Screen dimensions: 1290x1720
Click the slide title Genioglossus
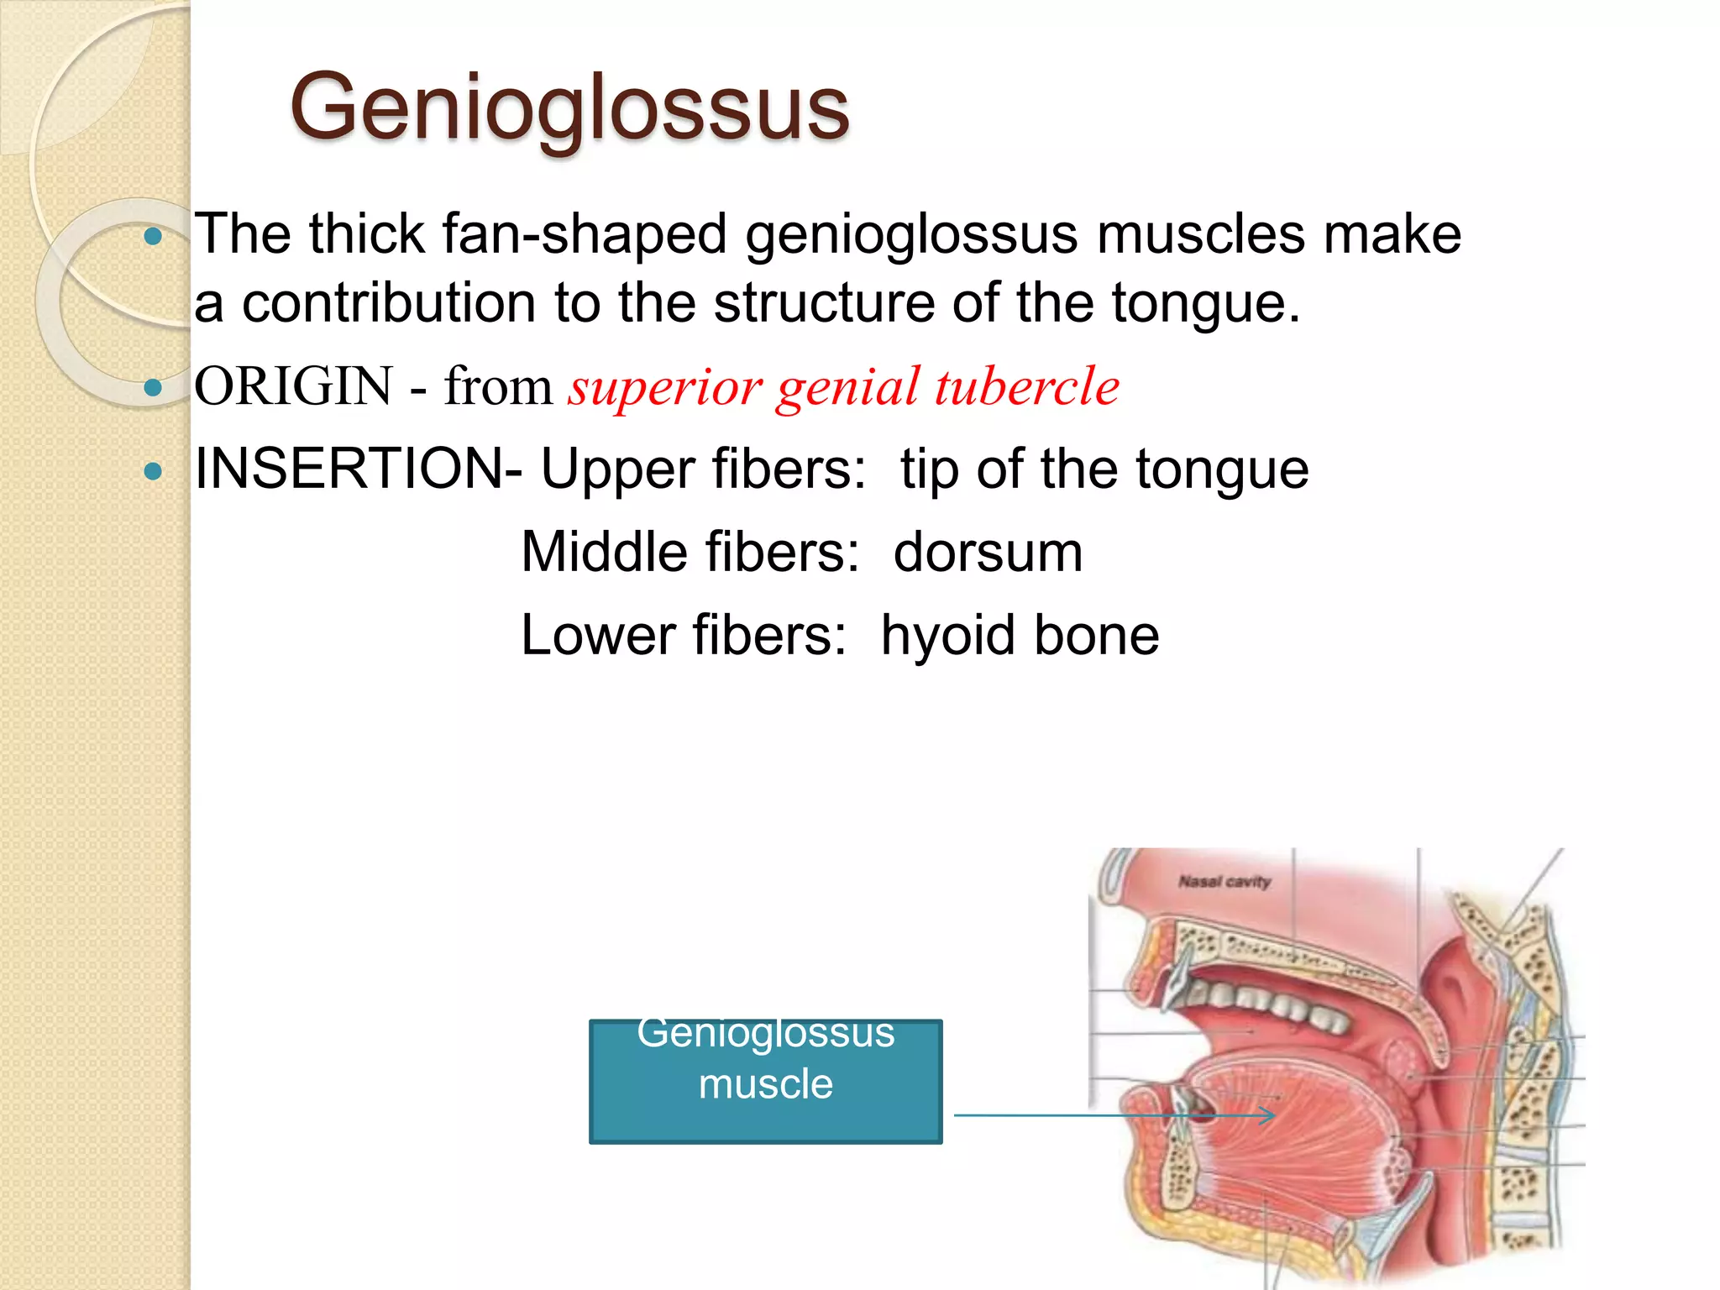coord(569,107)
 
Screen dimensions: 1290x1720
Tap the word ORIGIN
coord(293,386)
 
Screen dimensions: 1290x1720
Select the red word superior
coord(665,388)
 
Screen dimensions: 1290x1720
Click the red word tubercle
coord(1027,386)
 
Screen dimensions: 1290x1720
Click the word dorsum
coord(988,553)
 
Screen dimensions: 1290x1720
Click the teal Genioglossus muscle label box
coord(765,1082)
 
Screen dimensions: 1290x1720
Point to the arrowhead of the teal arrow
coord(1272,1115)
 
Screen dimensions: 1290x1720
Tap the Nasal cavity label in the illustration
coord(1224,882)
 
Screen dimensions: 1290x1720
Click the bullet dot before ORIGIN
coord(153,387)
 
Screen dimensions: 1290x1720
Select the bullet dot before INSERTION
coord(153,470)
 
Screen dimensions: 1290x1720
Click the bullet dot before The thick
coord(153,237)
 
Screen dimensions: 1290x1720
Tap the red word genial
coord(848,388)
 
